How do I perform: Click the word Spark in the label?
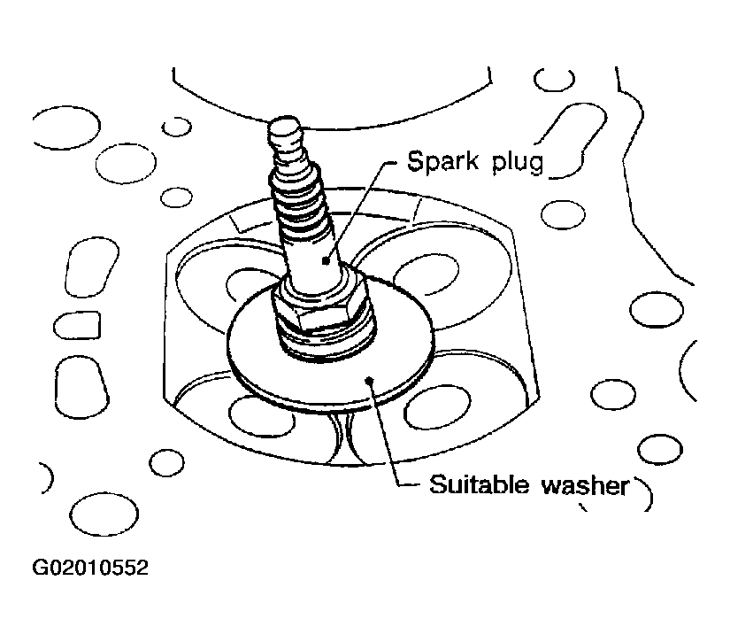click(x=442, y=161)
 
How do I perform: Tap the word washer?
click(x=585, y=485)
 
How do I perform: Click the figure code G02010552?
click(x=90, y=568)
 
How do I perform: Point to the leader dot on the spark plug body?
click(x=326, y=261)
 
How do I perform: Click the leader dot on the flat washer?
click(x=369, y=381)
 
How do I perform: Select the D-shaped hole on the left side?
click(x=77, y=325)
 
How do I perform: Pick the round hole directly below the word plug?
click(x=563, y=214)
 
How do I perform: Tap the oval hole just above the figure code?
click(x=104, y=514)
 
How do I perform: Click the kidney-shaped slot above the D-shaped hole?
click(x=92, y=267)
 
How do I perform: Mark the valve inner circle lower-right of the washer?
click(x=437, y=408)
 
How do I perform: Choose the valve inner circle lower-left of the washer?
click(x=261, y=416)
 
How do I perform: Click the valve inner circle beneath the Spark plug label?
click(x=426, y=275)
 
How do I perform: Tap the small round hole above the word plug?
click(x=554, y=80)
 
